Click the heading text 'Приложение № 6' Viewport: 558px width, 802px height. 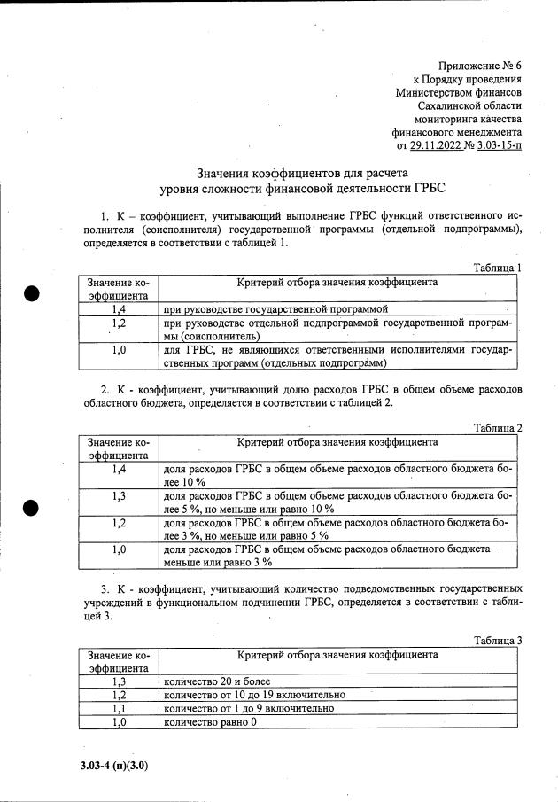(x=480, y=66)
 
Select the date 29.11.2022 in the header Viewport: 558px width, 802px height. (x=438, y=145)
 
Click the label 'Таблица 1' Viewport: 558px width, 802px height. (x=497, y=268)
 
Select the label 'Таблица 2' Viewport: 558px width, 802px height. (x=497, y=428)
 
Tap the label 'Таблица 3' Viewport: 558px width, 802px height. (x=497, y=641)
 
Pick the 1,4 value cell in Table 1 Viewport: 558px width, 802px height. (x=120, y=308)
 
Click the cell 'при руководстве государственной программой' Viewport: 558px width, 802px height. (x=276, y=308)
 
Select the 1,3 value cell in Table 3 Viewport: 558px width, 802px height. (x=120, y=681)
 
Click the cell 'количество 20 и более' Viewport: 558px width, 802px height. (x=217, y=681)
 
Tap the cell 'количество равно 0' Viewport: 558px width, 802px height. (x=211, y=722)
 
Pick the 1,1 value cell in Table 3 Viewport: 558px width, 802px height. (x=120, y=709)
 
